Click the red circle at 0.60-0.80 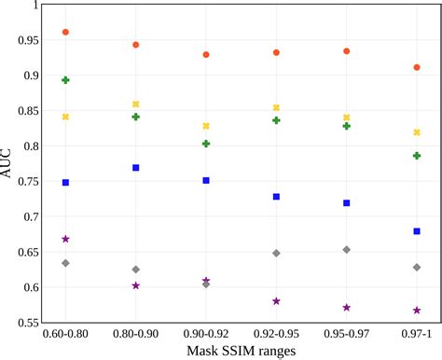(65, 33)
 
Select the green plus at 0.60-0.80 (65, 80)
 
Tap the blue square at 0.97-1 (417, 231)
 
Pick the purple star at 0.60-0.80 (65, 240)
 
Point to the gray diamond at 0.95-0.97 (347, 250)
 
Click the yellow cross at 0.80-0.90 (136, 104)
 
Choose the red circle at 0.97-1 (417, 67)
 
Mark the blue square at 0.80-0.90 (136, 168)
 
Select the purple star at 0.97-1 (417, 311)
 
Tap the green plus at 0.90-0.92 (206, 144)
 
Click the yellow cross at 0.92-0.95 (276, 108)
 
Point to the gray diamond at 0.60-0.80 (65, 263)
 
